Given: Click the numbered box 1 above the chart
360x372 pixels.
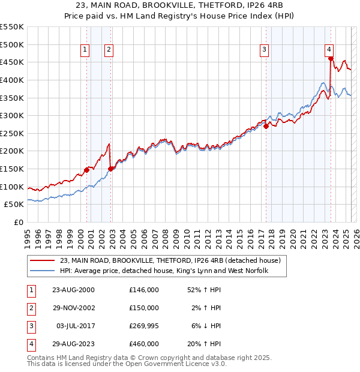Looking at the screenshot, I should click(x=86, y=50).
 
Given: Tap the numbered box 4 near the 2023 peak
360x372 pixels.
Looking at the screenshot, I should click(x=329, y=50).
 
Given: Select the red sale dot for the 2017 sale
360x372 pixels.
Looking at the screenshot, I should click(x=266, y=126).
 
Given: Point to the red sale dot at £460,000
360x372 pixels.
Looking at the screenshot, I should click(x=331, y=58).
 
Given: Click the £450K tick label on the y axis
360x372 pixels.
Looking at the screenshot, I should click(x=12, y=62).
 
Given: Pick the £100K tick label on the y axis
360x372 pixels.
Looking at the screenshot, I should click(x=12, y=187).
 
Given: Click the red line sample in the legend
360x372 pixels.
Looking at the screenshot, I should click(x=41, y=260).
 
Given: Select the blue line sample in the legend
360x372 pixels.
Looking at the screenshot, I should click(x=41, y=271).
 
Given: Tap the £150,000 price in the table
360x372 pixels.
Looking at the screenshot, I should click(x=144, y=308).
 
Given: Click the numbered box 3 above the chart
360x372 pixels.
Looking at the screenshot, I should click(x=265, y=50).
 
